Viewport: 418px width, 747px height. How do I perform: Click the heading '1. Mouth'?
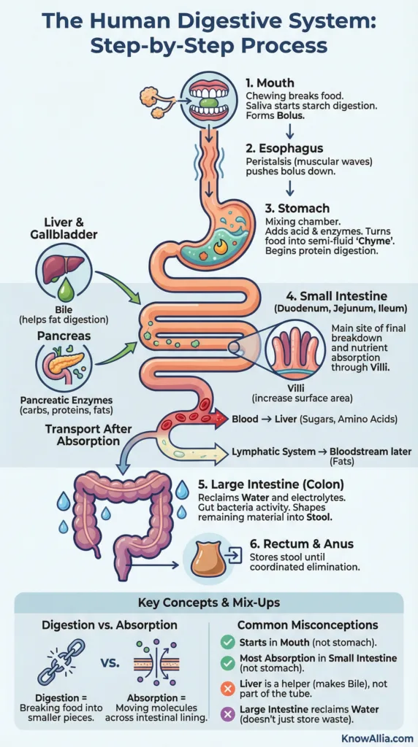[x=270, y=83]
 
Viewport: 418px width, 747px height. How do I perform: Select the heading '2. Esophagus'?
[x=284, y=148]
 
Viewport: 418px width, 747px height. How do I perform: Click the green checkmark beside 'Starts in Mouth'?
[x=227, y=642]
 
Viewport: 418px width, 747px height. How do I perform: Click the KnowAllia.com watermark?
[x=377, y=738]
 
